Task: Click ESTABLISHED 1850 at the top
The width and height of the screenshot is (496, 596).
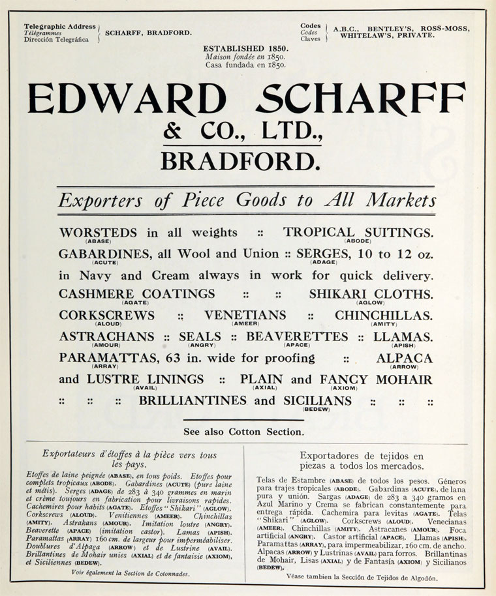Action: pyautogui.click(x=245, y=49)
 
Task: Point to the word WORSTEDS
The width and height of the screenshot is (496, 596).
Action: pyautogui.click(x=98, y=233)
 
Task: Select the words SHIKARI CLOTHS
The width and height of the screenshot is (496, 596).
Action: pyautogui.click(x=371, y=294)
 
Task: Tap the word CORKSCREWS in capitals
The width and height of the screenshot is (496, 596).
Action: pyautogui.click(x=107, y=315)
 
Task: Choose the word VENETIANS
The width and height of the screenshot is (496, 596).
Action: pyautogui.click(x=245, y=315)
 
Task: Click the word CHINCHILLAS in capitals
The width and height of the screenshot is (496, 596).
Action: pyautogui.click(x=384, y=316)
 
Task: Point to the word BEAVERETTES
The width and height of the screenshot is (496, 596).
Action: pyautogui.click(x=298, y=336)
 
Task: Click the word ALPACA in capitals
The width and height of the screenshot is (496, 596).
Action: pyautogui.click(x=404, y=358)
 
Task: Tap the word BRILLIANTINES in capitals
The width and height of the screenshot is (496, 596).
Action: pyautogui.click(x=194, y=400)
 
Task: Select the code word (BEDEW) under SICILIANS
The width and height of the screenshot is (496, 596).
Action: pyautogui.click(x=315, y=409)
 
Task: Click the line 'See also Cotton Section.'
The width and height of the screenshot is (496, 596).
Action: pyautogui.click(x=243, y=431)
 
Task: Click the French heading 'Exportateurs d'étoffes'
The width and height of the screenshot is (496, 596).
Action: pyautogui.click(x=129, y=455)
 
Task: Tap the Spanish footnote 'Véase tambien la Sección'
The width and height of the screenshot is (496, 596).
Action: pyautogui.click(x=362, y=577)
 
